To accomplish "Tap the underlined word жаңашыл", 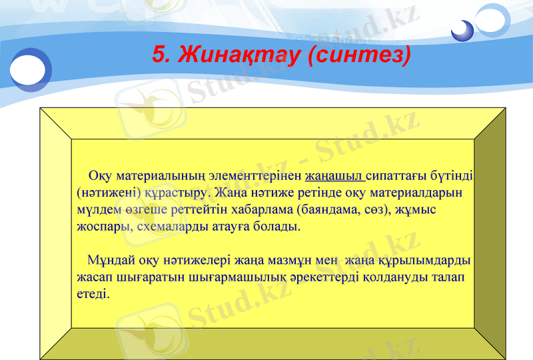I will pyautogui.click(x=334, y=177).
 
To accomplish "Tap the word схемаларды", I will pyautogui.click(x=169, y=226).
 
